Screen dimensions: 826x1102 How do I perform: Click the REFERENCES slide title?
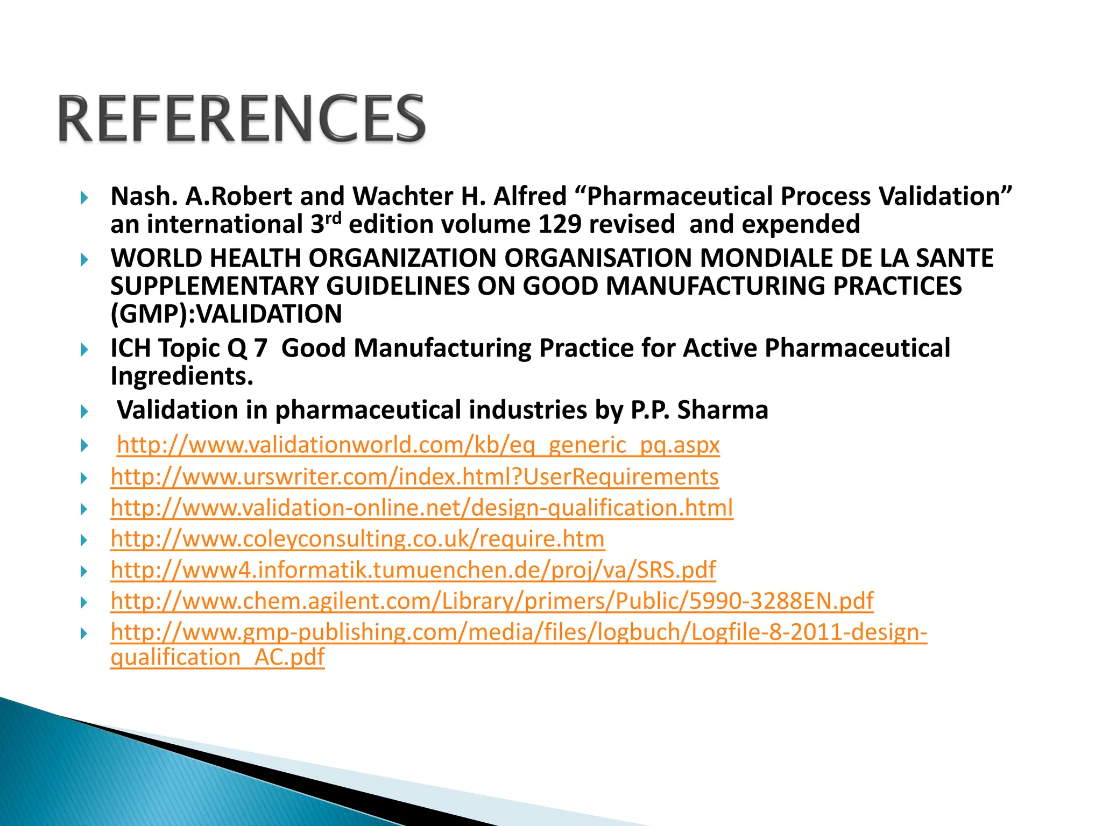(242, 118)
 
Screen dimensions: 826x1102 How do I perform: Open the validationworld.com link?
(418, 445)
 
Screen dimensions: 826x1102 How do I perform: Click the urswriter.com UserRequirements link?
(414, 477)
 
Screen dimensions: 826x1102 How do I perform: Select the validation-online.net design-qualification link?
(422, 508)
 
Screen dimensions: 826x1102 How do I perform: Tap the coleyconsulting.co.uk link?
(357, 539)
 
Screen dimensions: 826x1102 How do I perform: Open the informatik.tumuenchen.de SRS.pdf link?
(413, 570)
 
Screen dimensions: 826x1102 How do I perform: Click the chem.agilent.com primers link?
(492, 601)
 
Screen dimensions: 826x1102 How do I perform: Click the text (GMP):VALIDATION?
(226, 314)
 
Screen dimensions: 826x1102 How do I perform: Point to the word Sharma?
(722, 410)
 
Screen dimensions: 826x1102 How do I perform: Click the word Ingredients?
(181, 376)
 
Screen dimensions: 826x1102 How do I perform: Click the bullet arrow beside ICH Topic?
(84, 351)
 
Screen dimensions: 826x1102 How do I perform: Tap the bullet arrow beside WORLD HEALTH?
(84, 260)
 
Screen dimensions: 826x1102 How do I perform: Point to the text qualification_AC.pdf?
(217, 657)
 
